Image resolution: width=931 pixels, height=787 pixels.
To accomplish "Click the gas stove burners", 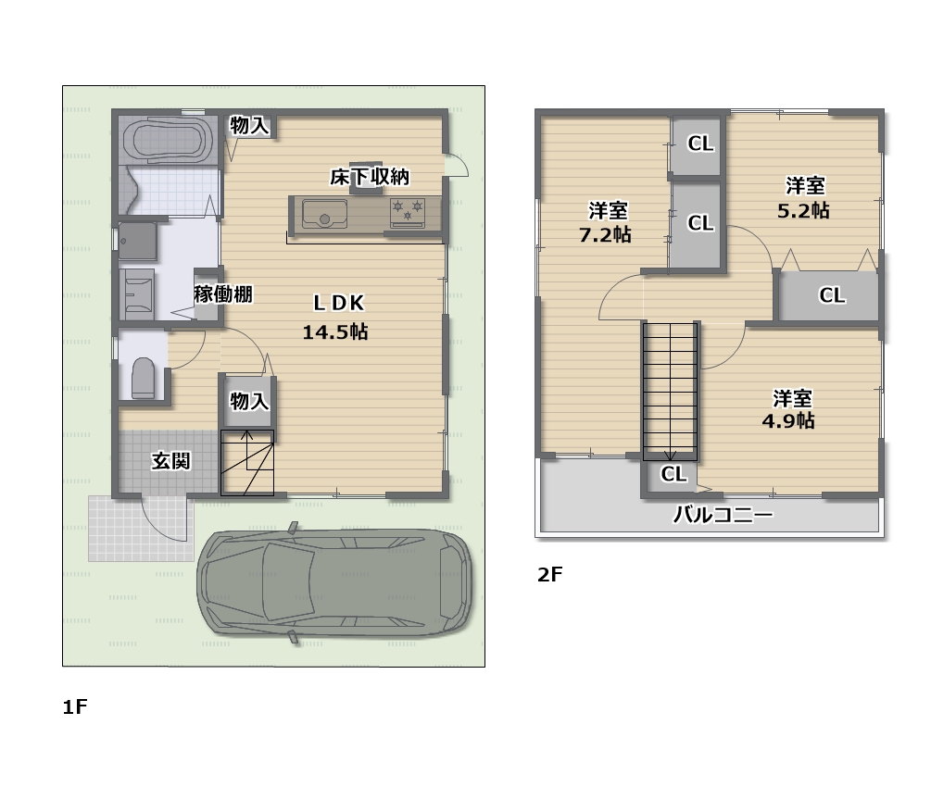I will (x=407, y=212).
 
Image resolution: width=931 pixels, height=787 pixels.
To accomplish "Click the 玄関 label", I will (x=171, y=460).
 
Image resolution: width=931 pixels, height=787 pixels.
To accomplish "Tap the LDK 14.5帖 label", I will (x=334, y=317).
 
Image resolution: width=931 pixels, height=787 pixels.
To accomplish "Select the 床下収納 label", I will (x=370, y=176).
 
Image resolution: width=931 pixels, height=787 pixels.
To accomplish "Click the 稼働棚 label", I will (x=223, y=294).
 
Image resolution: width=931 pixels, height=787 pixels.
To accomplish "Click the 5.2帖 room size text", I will (x=803, y=210).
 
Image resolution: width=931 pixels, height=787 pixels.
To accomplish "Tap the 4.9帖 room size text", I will (x=789, y=420).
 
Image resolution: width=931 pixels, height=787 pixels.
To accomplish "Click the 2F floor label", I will (x=550, y=575).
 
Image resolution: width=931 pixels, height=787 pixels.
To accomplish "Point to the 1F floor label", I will (x=74, y=708).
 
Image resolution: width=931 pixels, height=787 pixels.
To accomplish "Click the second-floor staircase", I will (x=671, y=389).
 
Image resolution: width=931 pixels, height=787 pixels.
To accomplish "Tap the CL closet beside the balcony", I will (x=673, y=474).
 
